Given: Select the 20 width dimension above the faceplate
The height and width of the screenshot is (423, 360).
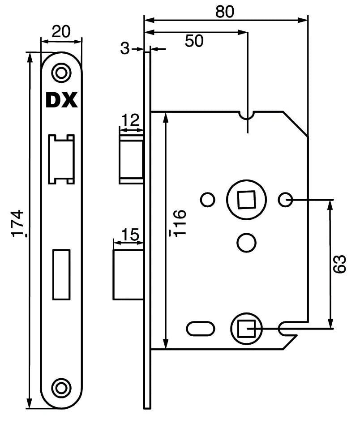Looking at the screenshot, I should click(62, 32).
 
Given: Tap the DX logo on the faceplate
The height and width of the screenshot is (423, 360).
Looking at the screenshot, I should click(61, 100).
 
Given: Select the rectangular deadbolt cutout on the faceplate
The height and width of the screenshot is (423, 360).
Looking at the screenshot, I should click(61, 274).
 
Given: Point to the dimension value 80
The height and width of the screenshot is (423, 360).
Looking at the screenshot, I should click(225, 11).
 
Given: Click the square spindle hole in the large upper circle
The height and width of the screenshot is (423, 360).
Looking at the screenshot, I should click(245, 199).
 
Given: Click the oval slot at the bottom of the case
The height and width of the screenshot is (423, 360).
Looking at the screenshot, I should click(200, 329).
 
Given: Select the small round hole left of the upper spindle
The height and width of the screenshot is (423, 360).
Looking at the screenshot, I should click(207, 200).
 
